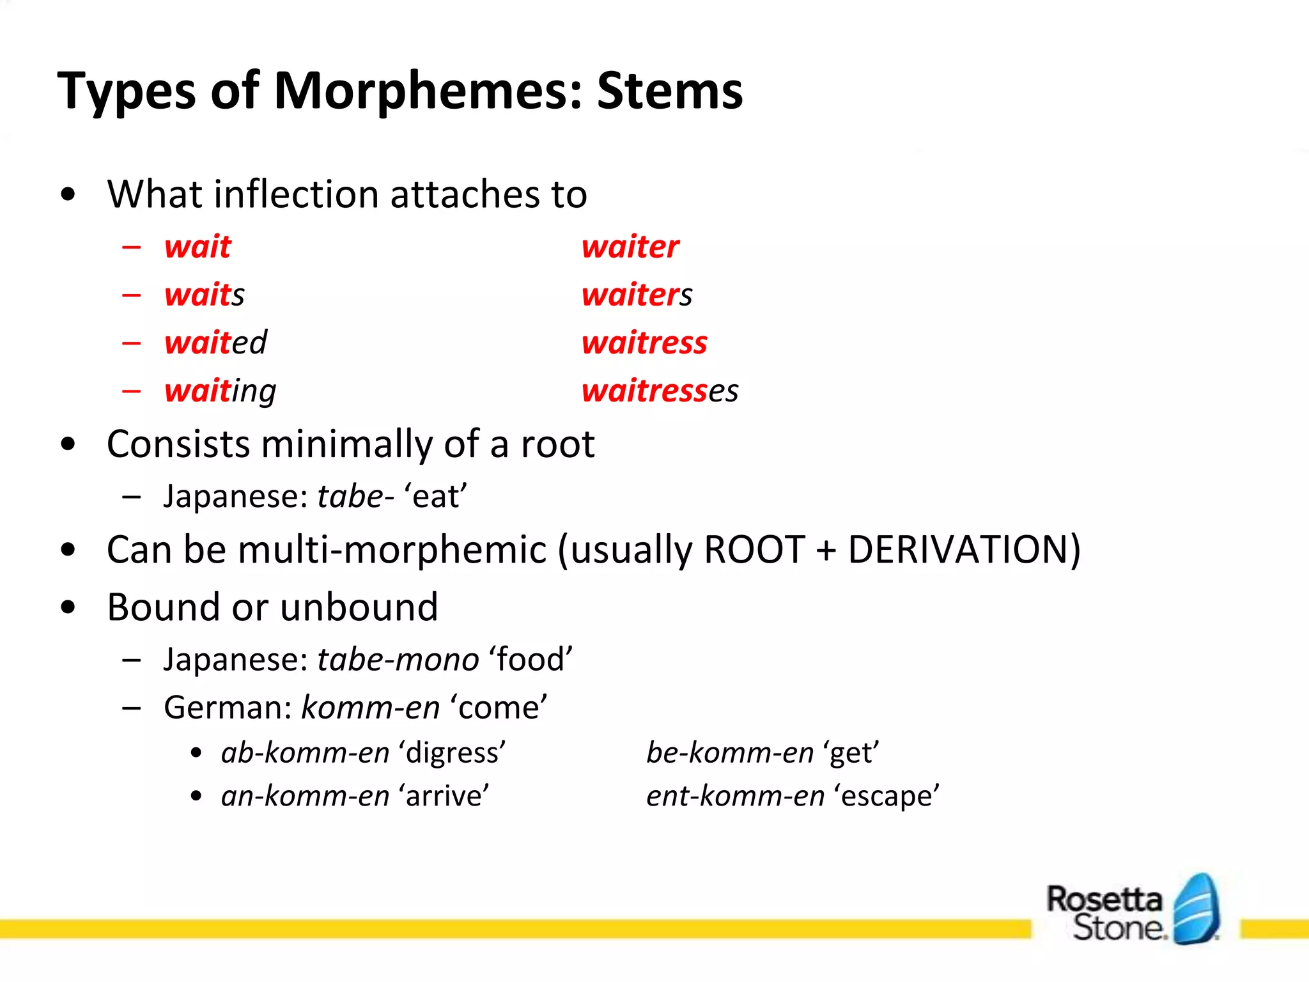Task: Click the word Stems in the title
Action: (x=669, y=91)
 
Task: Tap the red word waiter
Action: (x=630, y=247)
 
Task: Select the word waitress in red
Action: (x=644, y=343)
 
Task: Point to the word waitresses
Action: (x=660, y=391)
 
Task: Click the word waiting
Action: (x=220, y=391)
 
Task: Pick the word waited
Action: (x=215, y=343)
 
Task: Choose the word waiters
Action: (x=637, y=295)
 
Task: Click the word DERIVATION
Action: (x=964, y=549)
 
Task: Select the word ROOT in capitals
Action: (x=754, y=549)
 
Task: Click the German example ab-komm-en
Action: (x=305, y=752)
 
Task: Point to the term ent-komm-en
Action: (x=735, y=796)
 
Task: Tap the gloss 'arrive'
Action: (x=444, y=796)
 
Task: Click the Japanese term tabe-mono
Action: (x=398, y=659)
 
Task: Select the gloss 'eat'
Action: (x=435, y=496)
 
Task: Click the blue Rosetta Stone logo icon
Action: (x=1196, y=908)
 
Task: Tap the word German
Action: (x=227, y=708)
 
